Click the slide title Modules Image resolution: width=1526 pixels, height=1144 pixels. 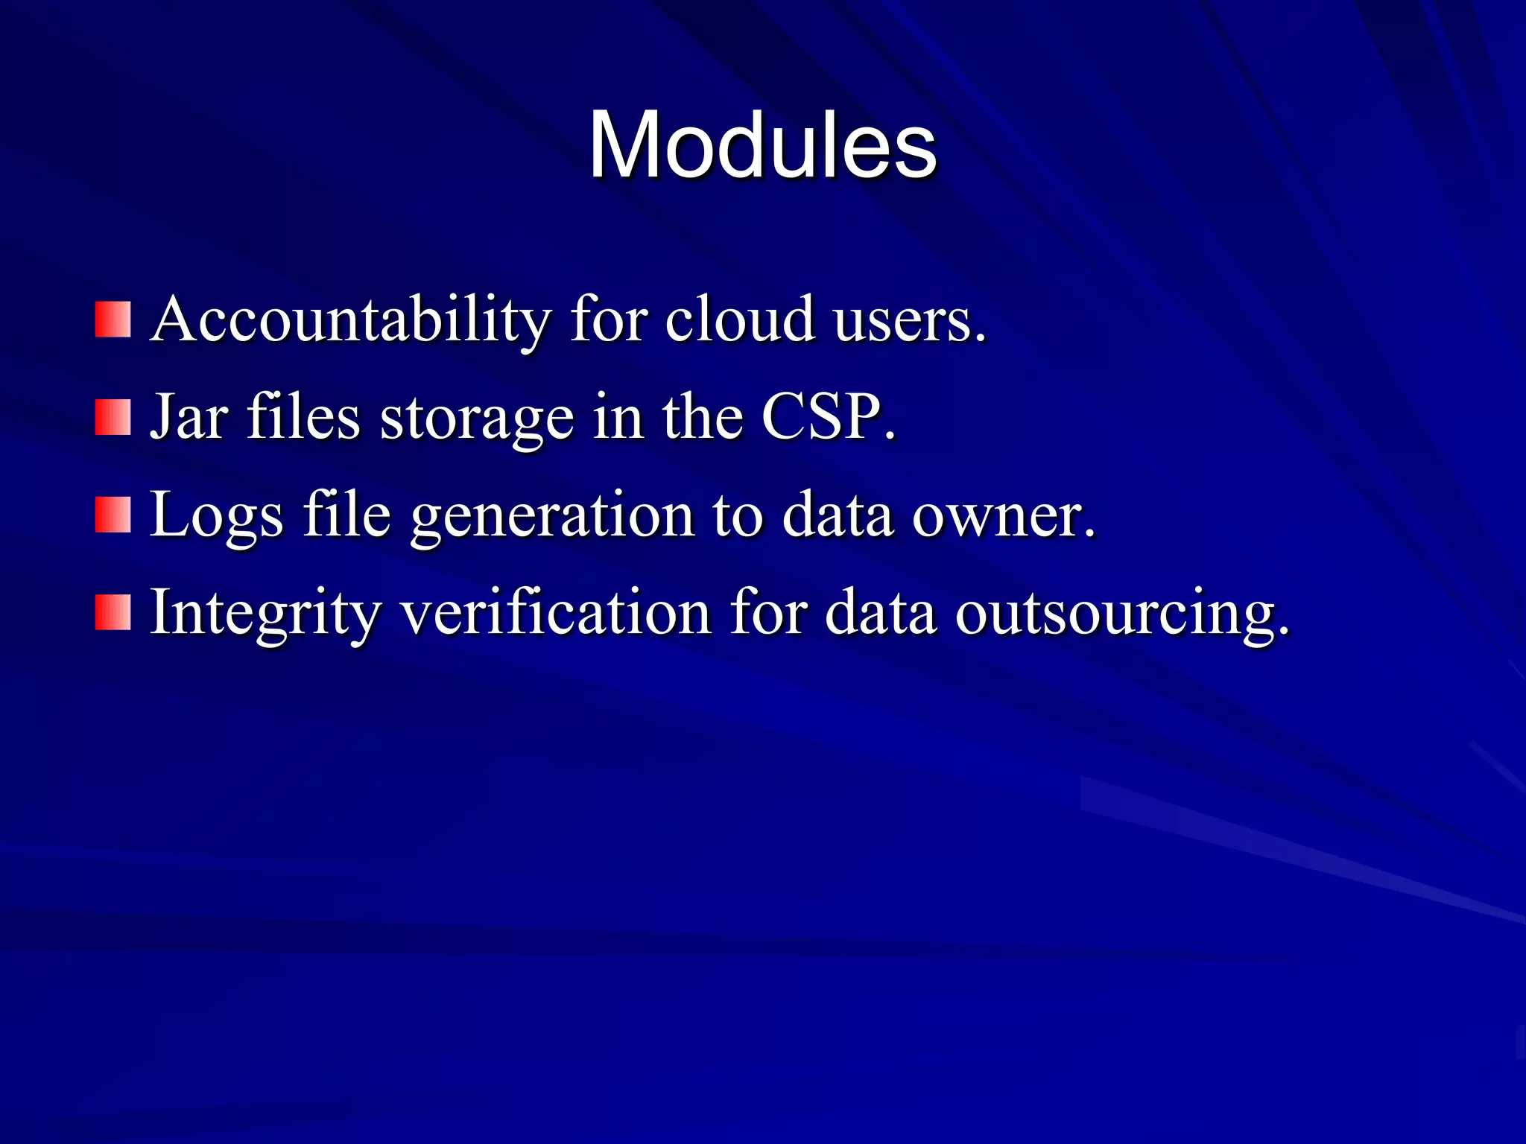[x=762, y=145]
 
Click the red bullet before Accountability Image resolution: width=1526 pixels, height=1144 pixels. [x=113, y=320]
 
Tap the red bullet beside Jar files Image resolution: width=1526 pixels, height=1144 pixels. [x=113, y=417]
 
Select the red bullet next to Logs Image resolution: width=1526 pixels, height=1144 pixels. [x=113, y=515]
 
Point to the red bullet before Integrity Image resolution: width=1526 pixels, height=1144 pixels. [x=113, y=612]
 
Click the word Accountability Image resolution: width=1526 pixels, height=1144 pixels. [x=350, y=320]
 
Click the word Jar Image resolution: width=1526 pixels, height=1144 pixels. [x=189, y=417]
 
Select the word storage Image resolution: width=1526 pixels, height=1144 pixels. [x=477, y=419]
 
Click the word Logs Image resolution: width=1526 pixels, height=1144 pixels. [x=217, y=515]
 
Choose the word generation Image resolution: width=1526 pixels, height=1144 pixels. [x=552, y=515]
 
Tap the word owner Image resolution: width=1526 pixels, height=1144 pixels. [x=1002, y=515]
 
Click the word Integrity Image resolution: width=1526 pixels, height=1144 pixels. [x=265, y=613]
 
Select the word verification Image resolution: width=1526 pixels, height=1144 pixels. [x=556, y=612]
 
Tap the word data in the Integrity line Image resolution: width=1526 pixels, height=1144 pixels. [x=880, y=612]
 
